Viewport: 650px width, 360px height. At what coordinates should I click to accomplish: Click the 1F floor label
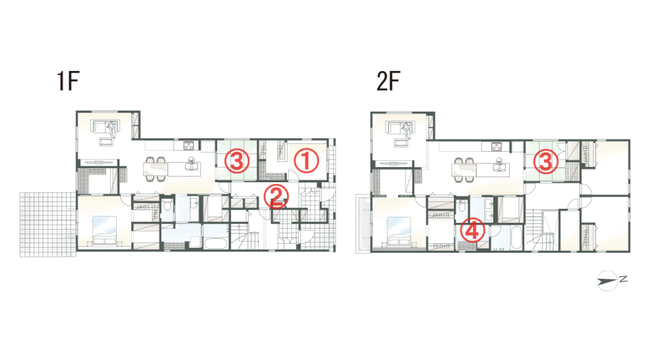tap(67, 81)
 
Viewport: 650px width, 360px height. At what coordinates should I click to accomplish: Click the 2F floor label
tap(388, 81)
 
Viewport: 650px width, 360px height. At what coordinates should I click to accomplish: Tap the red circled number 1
tap(307, 161)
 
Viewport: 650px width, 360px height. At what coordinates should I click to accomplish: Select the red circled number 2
tap(276, 196)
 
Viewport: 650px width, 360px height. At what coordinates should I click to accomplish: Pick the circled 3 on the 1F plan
tap(237, 161)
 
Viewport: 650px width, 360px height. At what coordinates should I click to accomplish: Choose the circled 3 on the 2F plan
tap(545, 161)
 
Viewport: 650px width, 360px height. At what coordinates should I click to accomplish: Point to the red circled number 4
tap(472, 230)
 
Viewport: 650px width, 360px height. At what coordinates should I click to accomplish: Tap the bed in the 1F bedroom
tap(104, 230)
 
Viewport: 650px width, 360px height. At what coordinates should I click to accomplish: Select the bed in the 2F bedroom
tap(399, 231)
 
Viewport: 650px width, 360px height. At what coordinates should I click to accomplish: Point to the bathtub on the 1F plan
tap(216, 242)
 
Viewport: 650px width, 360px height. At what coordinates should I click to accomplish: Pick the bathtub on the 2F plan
tap(517, 237)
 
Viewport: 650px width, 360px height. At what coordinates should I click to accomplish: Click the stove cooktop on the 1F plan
tap(189, 145)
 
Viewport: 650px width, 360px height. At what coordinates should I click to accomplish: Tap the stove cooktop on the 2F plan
tap(496, 147)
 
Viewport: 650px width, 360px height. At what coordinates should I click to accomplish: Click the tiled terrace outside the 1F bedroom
tap(48, 224)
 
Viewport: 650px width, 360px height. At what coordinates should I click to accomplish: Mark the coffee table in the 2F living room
tap(401, 143)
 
